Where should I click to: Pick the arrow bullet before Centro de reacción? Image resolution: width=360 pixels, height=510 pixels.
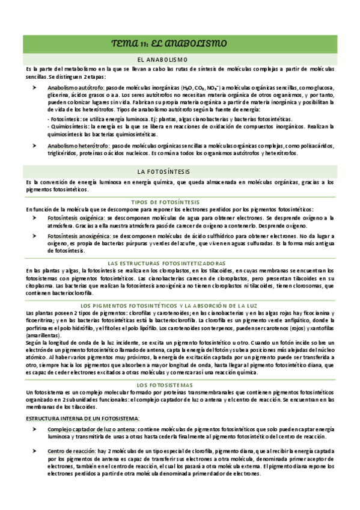pyautogui.click(x=35, y=450)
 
